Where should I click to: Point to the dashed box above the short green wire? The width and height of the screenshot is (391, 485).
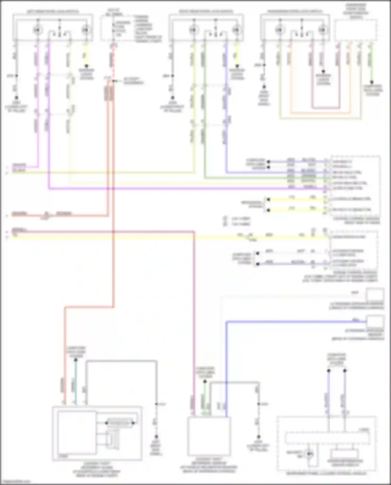tap(356, 30)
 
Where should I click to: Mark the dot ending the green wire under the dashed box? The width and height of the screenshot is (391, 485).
tap(372, 82)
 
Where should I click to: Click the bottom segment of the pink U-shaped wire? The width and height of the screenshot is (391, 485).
tap(326, 108)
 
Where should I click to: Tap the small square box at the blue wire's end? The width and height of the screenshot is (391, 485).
tap(375, 322)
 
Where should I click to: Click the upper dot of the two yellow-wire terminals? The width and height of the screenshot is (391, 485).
tap(268, 200)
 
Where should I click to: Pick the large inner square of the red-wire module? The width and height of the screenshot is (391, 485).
tap(77, 432)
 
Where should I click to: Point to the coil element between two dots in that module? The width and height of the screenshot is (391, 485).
tap(120, 423)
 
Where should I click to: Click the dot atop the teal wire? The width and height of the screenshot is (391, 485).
tap(76, 360)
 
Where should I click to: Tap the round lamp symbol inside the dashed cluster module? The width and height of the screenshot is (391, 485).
tap(309, 454)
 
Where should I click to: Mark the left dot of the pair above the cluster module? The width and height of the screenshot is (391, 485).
tap(329, 370)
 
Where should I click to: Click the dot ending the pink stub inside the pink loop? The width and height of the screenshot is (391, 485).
tap(323, 71)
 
